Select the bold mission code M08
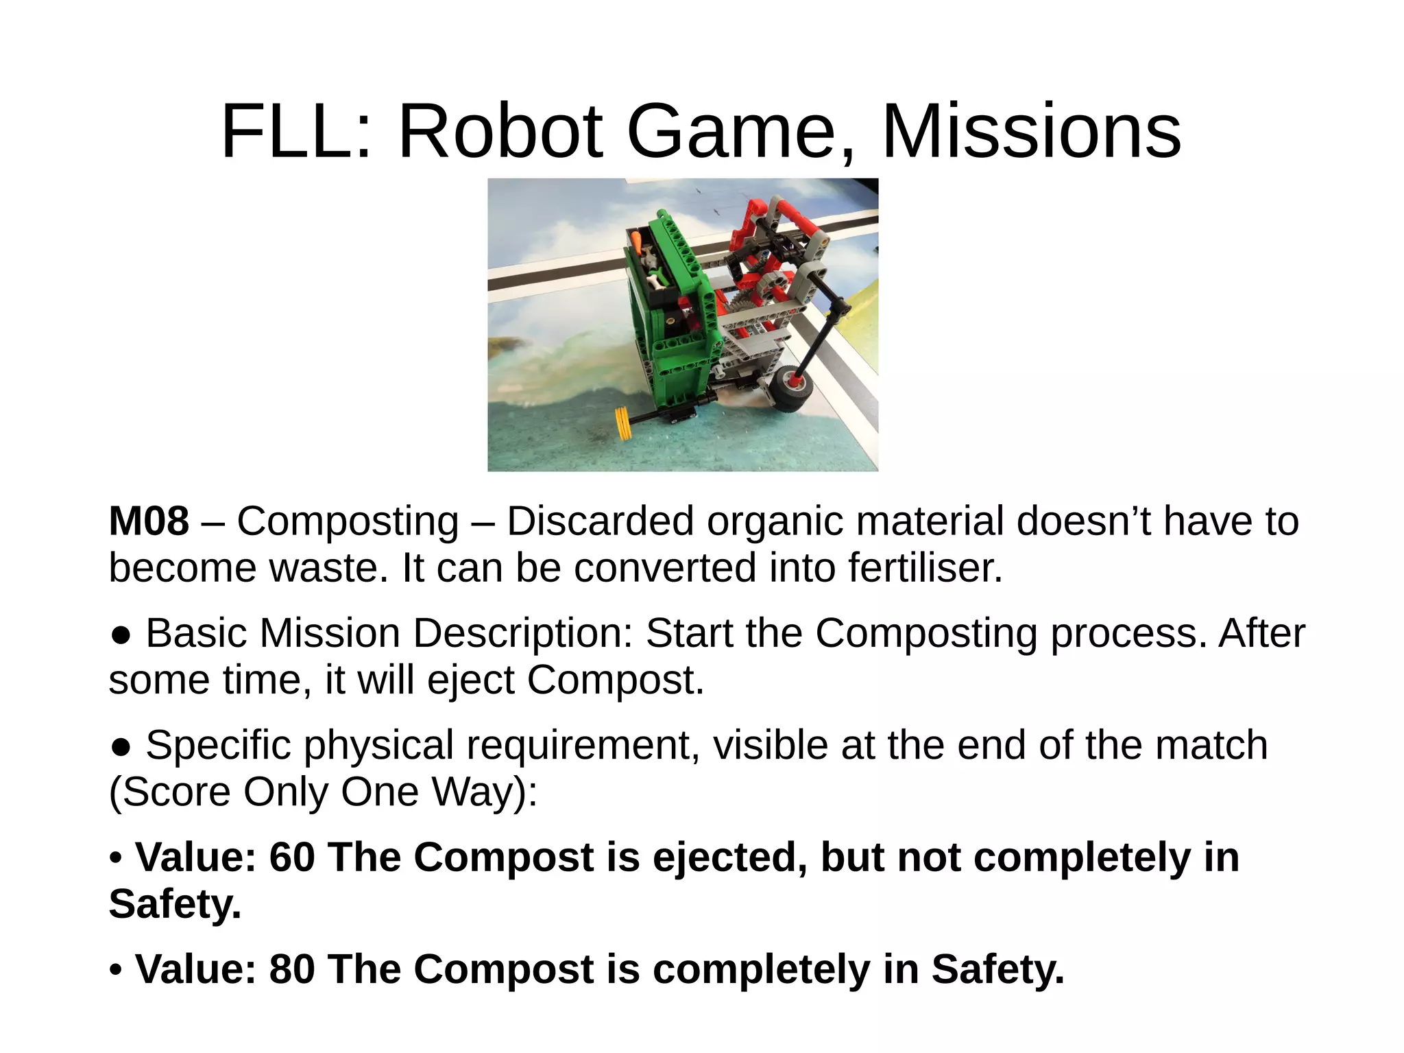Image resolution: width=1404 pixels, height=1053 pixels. point(149,521)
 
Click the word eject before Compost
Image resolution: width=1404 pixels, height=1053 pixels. point(470,680)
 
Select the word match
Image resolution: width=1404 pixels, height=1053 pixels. point(1211,745)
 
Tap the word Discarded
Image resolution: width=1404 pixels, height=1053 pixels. point(600,521)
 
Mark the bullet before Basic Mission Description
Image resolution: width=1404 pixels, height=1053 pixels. point(121,635)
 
